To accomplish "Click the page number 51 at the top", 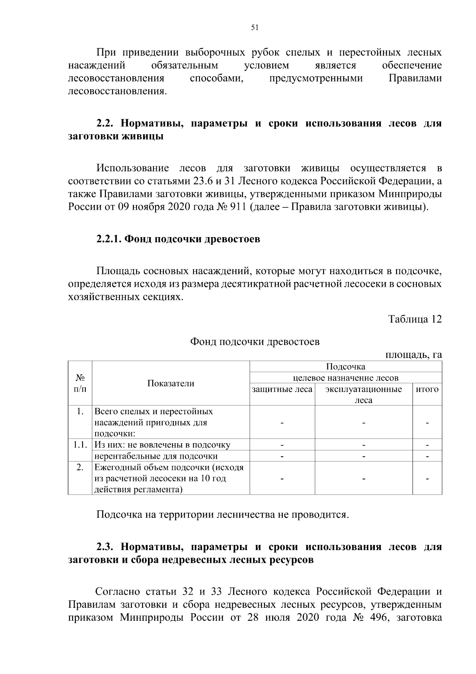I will pyautogui.click(x=255, y=27).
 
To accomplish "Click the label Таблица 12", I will pyautogui.click(x=415, y=319).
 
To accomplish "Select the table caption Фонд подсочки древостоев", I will pyautogui.click(x=255, y=342).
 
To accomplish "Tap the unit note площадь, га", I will pyautogui.click(x=414, y=355).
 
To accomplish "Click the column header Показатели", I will pyautogui.click(x=171, y=383).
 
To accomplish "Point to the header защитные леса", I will pyautogui.click(x=282, y=389).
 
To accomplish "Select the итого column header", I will pyautogui.click(x=427, y=389).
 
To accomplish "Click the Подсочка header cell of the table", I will pyautogui.click(x=345, y=366).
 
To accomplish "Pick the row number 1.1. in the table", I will pyautogui.click(x=80, y=444).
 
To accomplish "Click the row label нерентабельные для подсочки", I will pyautogui.click(x=156, y=456).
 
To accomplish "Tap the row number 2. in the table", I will pyautogui.click(x=80, y=467).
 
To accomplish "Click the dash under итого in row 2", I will pyautogui.click(x=427, y=479).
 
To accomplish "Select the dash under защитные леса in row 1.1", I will pyautogui.click(x=282, y=445).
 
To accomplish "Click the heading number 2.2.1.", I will pyautogui.click(x=109, y=239).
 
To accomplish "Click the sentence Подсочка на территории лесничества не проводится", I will pyautogui.click(x=223, y=515).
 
